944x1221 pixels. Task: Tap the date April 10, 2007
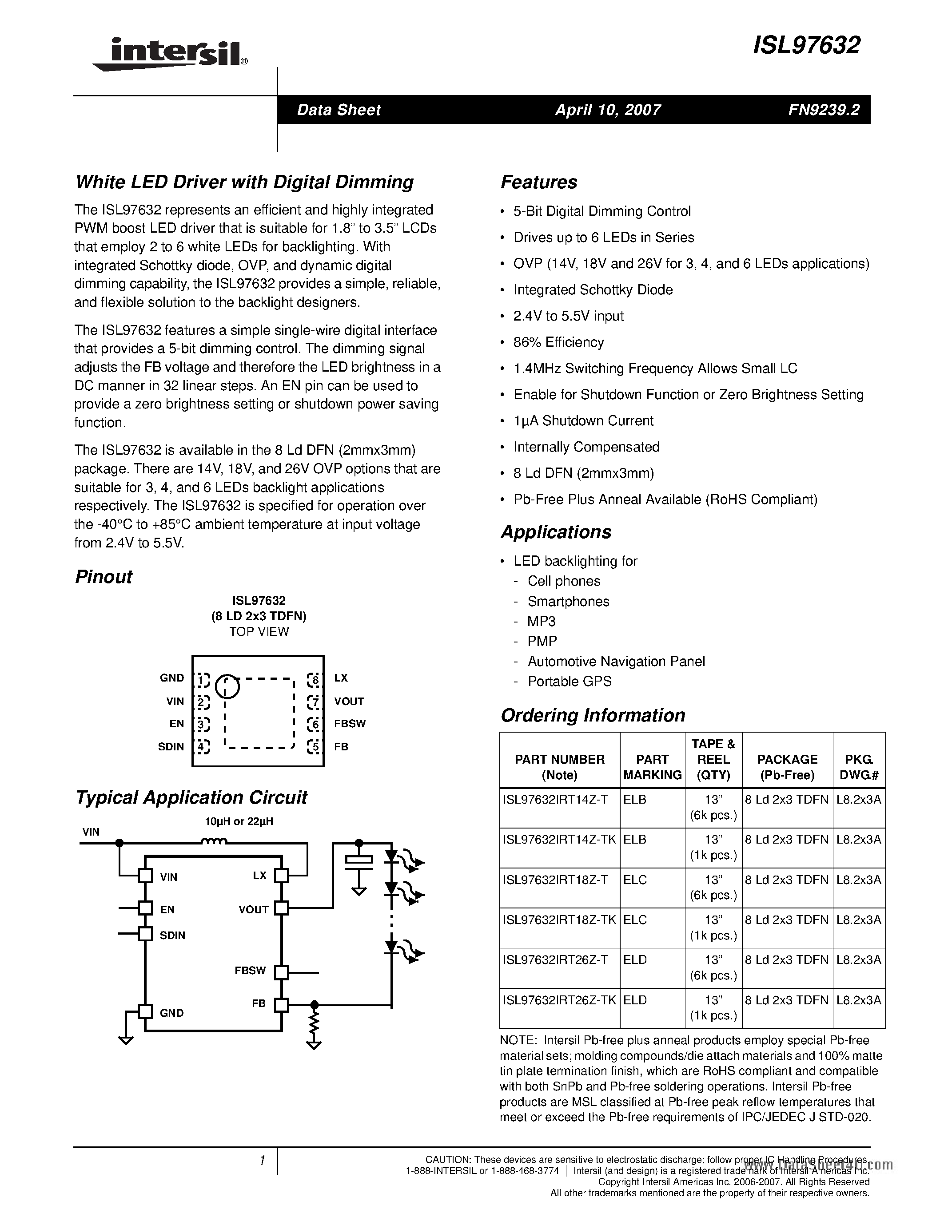point(608,110)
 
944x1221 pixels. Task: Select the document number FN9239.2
point(824,110)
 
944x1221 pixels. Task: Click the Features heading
point(538,182)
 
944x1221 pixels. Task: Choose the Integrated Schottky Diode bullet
point(593,289)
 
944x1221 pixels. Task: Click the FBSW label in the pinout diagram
point(350,723)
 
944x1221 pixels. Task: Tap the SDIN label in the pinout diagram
point(171,746)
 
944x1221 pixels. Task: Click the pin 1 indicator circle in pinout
point(227,686)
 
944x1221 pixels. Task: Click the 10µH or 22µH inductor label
point(239,821)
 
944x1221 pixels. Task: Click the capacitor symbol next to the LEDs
point(358,861)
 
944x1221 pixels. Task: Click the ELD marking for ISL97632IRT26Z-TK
point(635,999)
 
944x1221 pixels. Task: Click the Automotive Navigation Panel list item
point(616,662)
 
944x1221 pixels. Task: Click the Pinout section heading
point(104,577)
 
